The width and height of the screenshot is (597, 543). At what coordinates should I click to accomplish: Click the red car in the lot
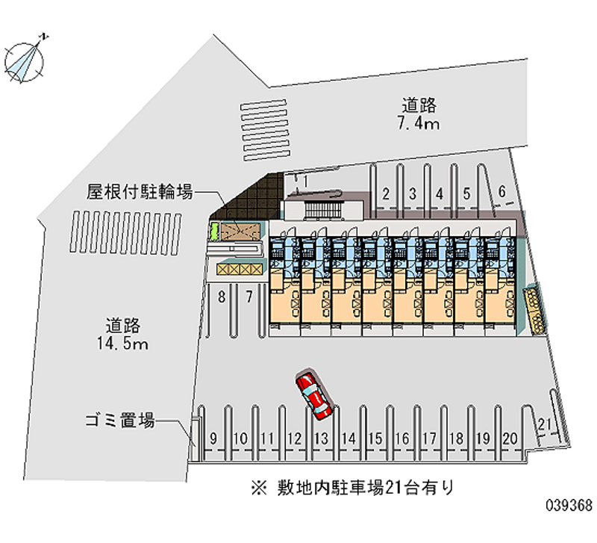point(314,394)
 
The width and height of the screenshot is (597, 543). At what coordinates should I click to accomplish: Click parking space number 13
point(322,438)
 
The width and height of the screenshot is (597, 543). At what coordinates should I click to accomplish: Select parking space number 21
point(546,426)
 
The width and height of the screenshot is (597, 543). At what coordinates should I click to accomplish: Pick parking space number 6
point(502,192)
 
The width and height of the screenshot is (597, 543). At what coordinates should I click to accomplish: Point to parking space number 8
point(222,297)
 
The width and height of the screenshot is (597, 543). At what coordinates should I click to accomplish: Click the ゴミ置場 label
point(119,421)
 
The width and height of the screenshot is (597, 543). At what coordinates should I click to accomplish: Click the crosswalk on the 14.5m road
point(126,233)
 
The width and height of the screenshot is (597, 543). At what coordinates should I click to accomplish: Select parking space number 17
point(429,438)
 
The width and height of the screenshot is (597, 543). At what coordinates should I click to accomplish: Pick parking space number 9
point(213,438)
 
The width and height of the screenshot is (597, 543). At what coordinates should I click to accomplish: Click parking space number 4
point(440,194)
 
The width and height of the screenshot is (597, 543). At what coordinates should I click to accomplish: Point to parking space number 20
point(510,438)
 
